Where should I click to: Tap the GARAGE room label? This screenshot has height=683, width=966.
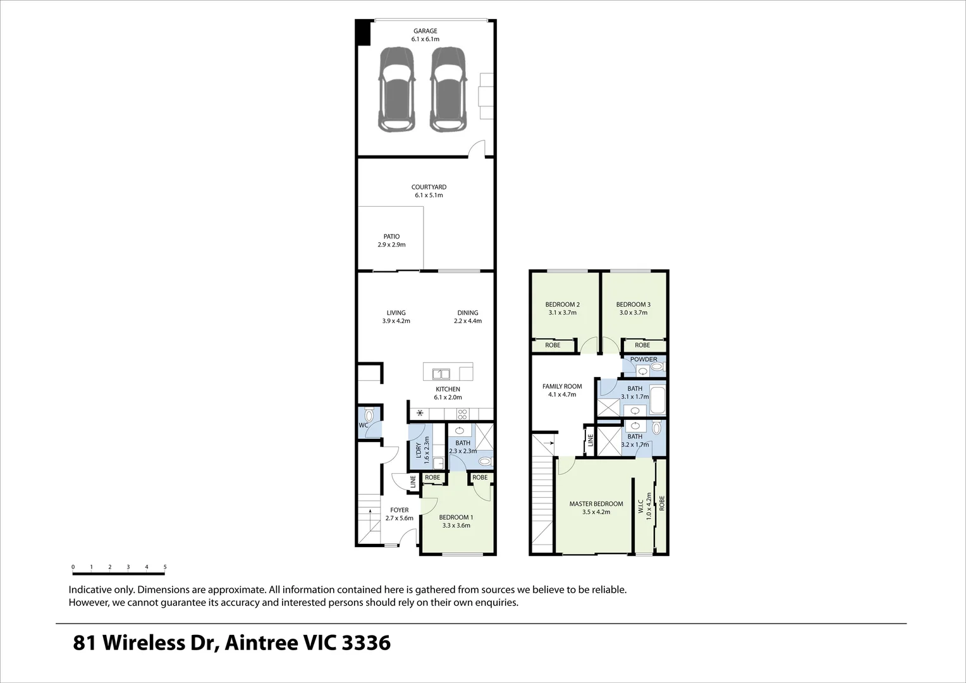pos(425,31)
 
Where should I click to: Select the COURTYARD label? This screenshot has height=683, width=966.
pos(429,187)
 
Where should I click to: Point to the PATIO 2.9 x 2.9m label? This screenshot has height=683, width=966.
pos(391,240)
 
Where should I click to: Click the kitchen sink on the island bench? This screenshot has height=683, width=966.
pos(441,373)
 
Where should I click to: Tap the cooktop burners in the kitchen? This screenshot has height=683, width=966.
pos(462,414)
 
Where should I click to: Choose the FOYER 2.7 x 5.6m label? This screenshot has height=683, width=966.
pos(399,514)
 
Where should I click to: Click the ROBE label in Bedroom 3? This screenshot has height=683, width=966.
pos(642,345)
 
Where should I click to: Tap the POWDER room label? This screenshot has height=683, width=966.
pos(643,359)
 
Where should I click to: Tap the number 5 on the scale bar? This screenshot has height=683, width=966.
pos(165,567)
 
